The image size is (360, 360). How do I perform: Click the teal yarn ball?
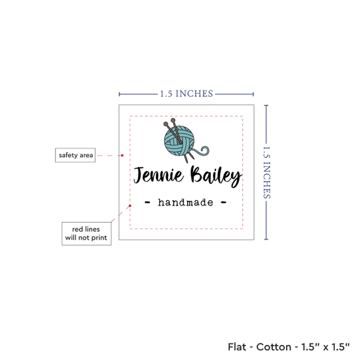click(179, 141)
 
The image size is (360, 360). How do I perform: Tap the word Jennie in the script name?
click(158, 175)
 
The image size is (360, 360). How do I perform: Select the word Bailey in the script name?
click(216, 176)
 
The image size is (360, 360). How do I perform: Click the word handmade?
click(185, 202)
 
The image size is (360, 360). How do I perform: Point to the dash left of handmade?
click(147, 202)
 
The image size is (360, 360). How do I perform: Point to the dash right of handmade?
click(224, 202)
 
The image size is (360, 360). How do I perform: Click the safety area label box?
click(75, 155)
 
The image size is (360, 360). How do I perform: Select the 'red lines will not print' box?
click(86, 234)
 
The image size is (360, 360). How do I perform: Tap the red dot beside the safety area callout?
click(122, 155)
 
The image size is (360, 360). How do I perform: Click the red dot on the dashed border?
click(130, 206)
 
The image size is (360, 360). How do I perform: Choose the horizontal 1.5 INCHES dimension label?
click(187, 94)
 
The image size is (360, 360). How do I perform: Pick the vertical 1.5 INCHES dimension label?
click(266, 173)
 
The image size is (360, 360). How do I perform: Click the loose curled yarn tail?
click(202, 151)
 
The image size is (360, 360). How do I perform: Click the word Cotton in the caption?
click(274, 347)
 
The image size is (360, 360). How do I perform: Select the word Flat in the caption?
click(237, 347)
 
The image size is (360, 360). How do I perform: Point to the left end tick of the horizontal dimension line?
click(119, 94)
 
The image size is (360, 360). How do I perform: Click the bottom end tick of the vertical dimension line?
click(266, 240)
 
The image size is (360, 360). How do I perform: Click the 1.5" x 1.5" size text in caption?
click(325, 347)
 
